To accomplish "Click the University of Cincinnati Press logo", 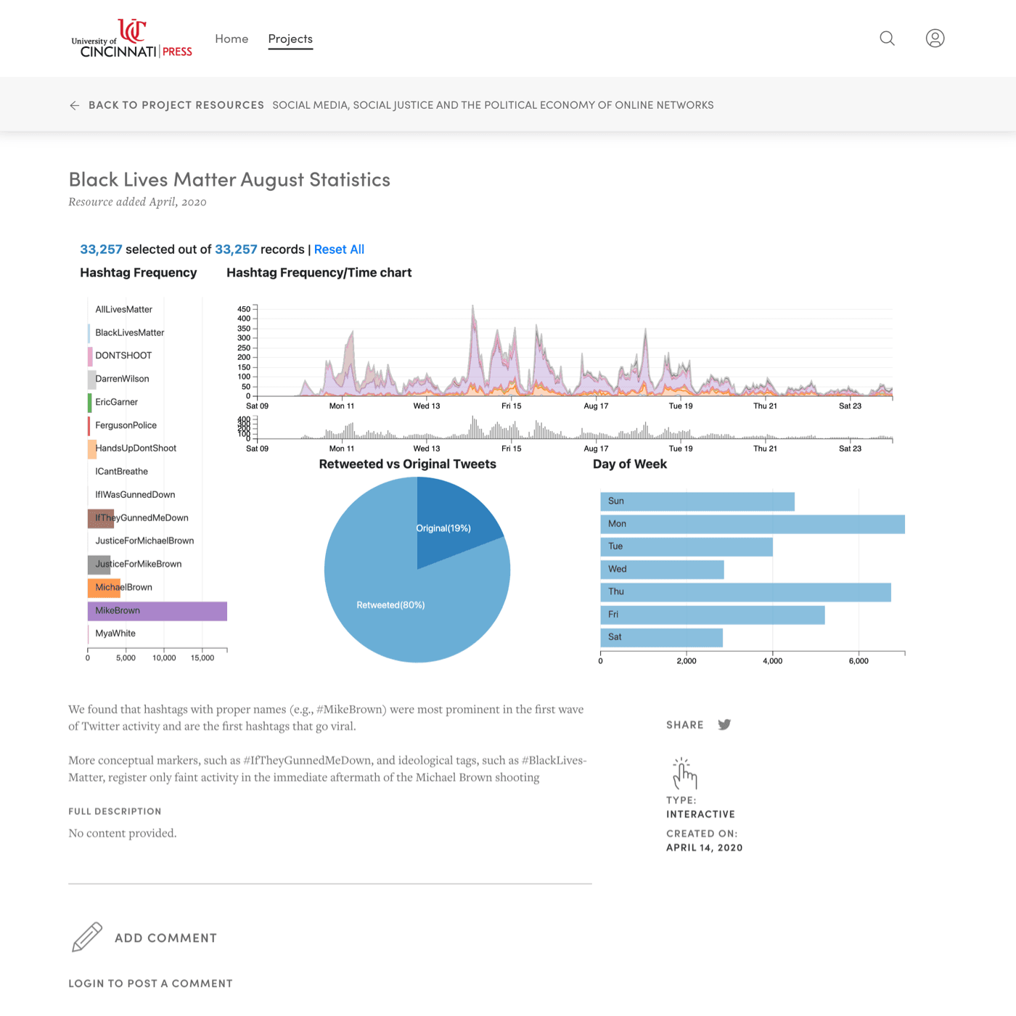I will click(x=131, y=39).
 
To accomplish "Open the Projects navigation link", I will click(x=290, y=39).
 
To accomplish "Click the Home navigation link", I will click(x=232, y=39).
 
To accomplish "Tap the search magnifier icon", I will click(x=887, y=38).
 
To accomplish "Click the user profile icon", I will click(x=935, y=38).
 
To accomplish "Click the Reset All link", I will click(x=339, y=250).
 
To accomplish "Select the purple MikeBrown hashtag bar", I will click(x=157, y=611).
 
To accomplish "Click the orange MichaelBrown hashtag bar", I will click(x=104, y=588).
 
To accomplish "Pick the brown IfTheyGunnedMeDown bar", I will click(x=101, y=518).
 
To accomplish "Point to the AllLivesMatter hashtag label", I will click(x=123, y=310).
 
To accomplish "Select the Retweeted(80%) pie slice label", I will click(x=390, y=605).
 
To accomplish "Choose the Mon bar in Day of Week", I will click(x=752, y=524).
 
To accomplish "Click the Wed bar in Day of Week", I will click(x=662, y=570).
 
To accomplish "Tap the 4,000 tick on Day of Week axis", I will click(x=772, y=661).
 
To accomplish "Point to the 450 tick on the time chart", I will click(x=244, y=309).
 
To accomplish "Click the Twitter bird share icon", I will click(x=724, y=725).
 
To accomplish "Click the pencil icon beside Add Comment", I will click(x=87, y=937).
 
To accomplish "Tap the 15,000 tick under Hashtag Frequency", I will click(x=202, y=658).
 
